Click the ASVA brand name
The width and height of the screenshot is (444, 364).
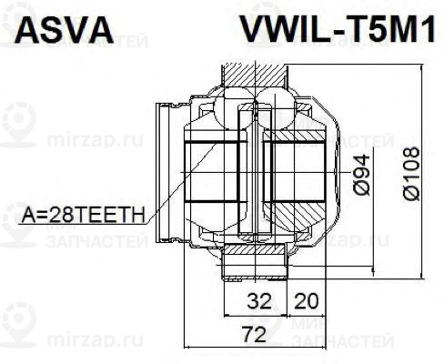point(61,30)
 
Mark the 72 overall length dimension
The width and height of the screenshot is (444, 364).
point(255,335)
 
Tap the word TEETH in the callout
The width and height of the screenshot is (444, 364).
point(111,216)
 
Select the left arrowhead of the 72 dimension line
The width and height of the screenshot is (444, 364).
point(187,349)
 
